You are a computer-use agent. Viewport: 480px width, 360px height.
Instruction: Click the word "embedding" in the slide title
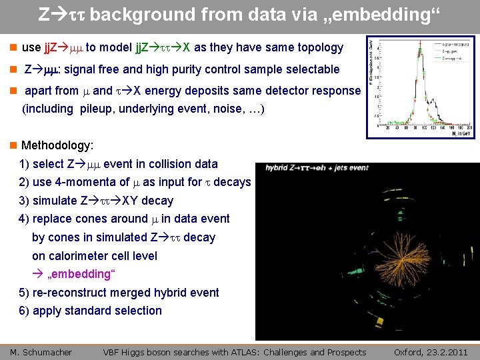tap(379, 14)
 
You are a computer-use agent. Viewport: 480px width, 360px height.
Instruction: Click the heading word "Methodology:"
tap(57, 145)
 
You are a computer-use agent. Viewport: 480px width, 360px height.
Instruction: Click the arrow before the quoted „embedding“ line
tap(37, 274)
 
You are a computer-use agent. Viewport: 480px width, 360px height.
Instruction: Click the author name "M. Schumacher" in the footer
tap(41, 352)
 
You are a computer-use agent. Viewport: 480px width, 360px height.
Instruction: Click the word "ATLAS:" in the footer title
tap(249, 352)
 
